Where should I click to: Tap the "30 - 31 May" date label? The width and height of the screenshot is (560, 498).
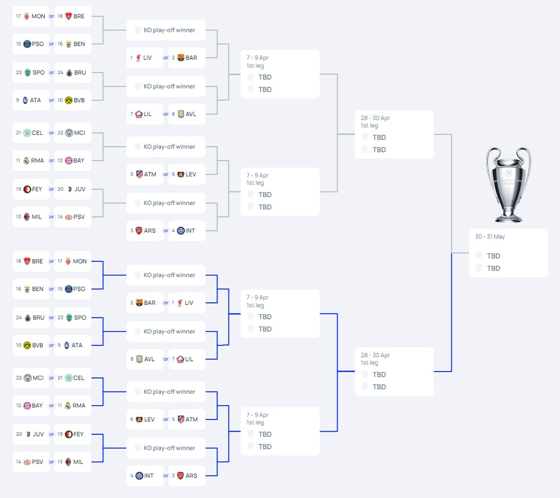489,237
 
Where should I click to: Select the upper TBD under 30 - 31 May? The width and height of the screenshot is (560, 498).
493,256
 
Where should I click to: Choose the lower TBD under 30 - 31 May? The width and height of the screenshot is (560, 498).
493,268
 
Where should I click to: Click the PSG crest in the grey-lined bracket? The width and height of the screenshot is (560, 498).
27,44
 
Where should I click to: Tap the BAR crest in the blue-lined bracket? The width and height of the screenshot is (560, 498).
139,303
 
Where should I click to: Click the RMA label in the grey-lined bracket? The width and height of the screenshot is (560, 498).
37,160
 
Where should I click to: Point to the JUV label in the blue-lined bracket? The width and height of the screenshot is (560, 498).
38,434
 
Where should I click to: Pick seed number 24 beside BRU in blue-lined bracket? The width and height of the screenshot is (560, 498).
19,318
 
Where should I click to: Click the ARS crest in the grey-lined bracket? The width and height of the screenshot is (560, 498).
139,231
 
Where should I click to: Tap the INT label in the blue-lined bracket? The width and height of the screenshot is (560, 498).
149,475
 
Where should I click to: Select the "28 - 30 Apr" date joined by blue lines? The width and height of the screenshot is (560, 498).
375,355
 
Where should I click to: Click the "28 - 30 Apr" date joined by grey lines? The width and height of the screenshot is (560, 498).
375,118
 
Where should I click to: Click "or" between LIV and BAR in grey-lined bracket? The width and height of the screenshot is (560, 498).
166,58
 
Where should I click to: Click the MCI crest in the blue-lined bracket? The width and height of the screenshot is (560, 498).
27,378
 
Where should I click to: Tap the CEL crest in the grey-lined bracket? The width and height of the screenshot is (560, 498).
27,133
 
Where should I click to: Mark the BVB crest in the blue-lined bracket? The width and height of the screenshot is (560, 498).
27,345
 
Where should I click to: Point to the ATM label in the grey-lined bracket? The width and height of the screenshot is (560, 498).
150,174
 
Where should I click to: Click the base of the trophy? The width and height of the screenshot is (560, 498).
508,217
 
